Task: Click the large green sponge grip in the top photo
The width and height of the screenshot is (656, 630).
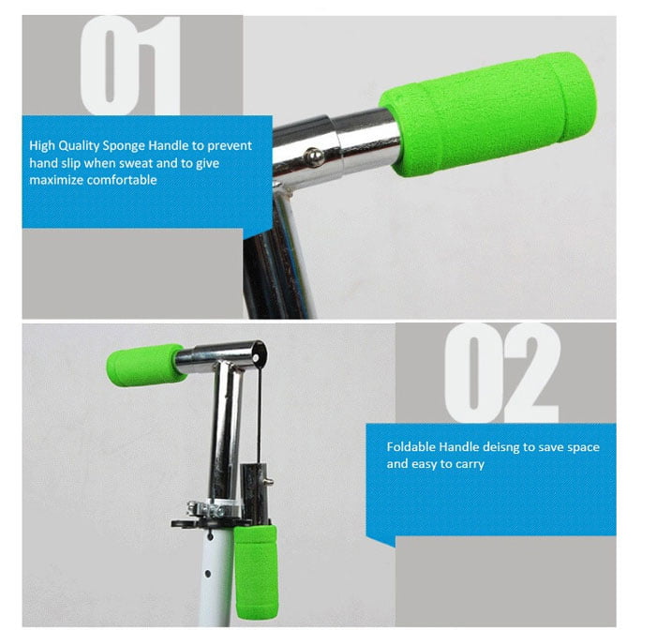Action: tap(487, 113)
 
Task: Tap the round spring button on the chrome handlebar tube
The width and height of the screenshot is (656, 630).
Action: tap(313, 157)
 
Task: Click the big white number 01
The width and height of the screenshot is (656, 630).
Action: tap(130, 65)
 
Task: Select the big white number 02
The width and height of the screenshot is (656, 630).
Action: tap(501, 372)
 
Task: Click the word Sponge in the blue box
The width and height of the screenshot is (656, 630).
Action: tap(125, 146)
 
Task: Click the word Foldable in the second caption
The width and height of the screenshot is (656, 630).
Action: tap(410, 446)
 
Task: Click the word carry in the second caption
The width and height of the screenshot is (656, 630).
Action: tap(470, 465)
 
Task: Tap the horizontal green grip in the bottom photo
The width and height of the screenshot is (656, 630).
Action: tap(144, 364)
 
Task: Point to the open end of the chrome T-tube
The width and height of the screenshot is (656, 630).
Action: tap(261, 352)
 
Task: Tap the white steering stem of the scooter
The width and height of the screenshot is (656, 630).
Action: tap(216, 577)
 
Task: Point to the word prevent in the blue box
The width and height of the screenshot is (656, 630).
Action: tap(230, 146)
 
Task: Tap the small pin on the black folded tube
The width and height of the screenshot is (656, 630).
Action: tap(268, 482)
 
